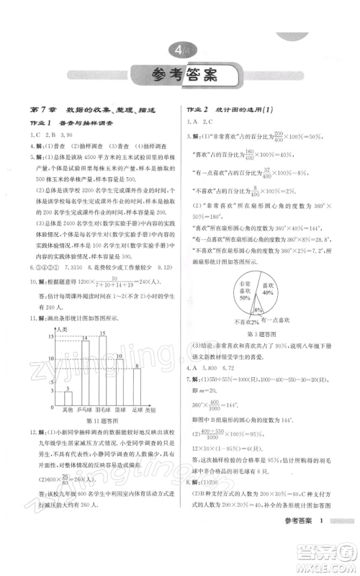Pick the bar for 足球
(x=138, y=385)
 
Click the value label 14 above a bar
(x=85, y=337)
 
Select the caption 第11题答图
(x=101, y=420)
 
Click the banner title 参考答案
(x=179, y=73)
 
